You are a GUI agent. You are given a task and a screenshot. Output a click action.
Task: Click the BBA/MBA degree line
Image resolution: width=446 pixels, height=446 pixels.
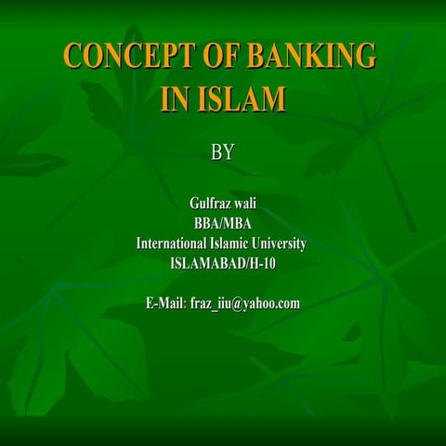point(223,224)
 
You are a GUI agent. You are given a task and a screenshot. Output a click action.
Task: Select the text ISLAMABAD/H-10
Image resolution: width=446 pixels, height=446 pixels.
point(223,264)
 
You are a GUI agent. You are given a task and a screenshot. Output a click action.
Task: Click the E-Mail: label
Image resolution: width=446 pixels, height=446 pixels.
point(166,303)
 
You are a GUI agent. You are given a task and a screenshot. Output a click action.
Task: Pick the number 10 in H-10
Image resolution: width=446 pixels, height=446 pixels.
point(268,264)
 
